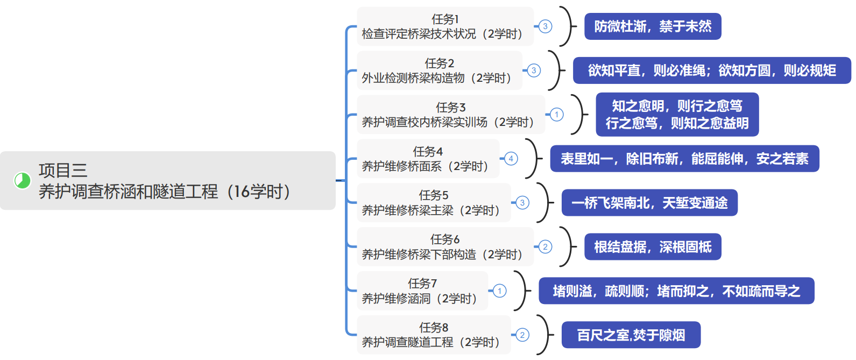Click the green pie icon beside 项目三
(x=22, y=181)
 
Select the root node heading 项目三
(x=167, y=181)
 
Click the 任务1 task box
(x=445, y=26)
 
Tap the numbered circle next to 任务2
(x=534, y=70)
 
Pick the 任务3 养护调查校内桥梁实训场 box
(x=450, y=115)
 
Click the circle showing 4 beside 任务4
(x=511, y=159)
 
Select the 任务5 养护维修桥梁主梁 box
(x=434, y=203)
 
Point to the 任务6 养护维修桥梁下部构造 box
(x=445, y=247)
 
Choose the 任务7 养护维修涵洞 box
(x=422, y=291)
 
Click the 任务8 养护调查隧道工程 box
(x=434, y=335)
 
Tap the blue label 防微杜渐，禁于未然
(x=653, y=26)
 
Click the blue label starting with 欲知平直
(x=711, y=70)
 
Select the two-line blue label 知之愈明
(x=677, y=115)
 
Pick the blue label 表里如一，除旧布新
(x=684, y=159)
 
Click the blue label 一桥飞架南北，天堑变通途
(x=649, y=203)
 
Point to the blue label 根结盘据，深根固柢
(x=653, y=247)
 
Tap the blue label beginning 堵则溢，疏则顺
(x=676, y=291)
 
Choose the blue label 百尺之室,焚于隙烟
(x=631, y=335)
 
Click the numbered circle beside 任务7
(x=500, y=291)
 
